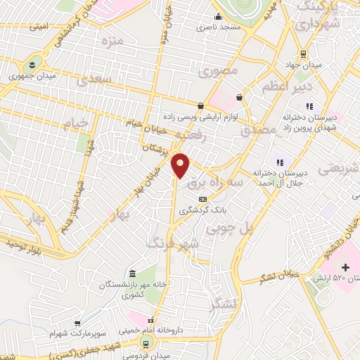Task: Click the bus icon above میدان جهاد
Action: tap(302, 53)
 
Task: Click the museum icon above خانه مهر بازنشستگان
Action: tap(132, 273)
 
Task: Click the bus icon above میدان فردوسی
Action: tap(146, 343)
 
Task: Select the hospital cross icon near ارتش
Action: tap(345, 267)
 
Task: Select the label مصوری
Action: tap(218, 71)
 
